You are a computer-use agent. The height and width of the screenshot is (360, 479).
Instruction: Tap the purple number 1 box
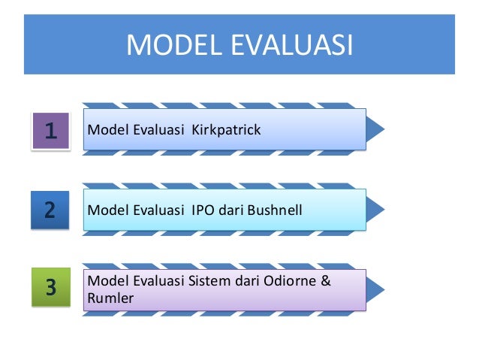coord(50,132)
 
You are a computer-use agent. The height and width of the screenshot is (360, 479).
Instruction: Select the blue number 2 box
coord(50,209)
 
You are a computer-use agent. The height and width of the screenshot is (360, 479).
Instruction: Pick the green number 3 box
coord(50,287)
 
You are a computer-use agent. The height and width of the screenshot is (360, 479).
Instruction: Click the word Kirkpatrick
coord(226,130)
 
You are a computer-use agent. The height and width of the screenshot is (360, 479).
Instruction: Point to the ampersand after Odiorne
coord(326,281)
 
